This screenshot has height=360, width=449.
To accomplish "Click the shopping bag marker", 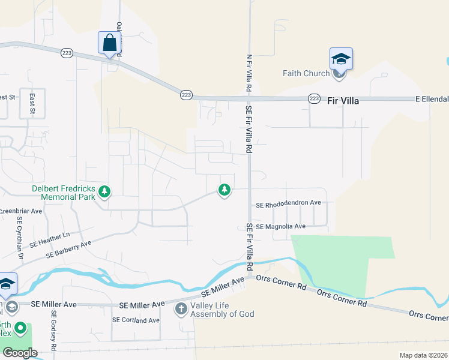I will click(x=109, y=43).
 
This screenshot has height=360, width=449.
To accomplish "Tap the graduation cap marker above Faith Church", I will click(x=340, y=58).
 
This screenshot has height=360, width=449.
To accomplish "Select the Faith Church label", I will click(x=306, y=74).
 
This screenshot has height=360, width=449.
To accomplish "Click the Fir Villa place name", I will click(x=343, y=101).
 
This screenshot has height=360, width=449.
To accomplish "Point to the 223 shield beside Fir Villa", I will click(x=314, y=98).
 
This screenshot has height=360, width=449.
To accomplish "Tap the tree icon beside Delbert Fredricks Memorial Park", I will click(x=105, y=191).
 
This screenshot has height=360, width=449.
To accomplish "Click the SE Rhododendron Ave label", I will click(x=289, y=203).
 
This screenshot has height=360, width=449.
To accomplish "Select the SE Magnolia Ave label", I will click(x=281, y=226).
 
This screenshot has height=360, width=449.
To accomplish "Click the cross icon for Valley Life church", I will click(x=181, y=309).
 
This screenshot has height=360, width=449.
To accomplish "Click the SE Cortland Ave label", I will click(x=136, y=320).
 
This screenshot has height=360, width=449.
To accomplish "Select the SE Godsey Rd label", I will click(x=53, y=329).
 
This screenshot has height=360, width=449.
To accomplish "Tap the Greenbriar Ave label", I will click(x=20, y=211).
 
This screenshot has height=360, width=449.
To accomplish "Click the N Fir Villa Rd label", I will click(x=248, y=73).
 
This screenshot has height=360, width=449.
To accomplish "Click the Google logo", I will click(x=20, y=352).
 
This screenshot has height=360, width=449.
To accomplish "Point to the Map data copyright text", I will click(x=423, y=355).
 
